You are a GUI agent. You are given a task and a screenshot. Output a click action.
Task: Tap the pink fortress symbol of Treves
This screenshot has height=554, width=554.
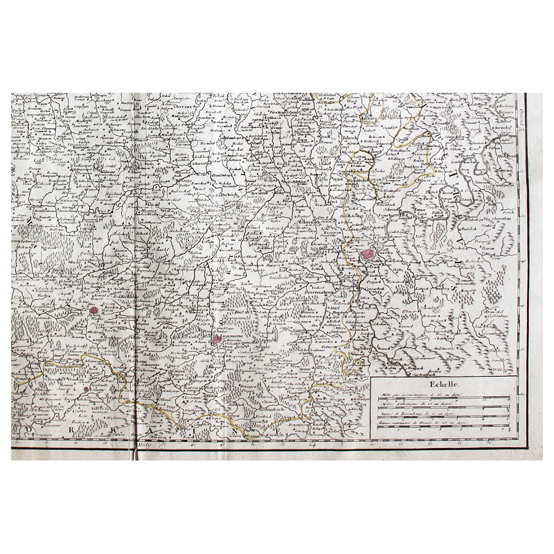[x=366, y=255]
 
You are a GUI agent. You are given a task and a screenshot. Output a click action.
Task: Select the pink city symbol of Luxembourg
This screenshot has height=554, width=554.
[x=217, y=339]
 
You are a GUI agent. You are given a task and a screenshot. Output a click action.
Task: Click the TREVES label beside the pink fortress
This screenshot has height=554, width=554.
[x=383, y=254]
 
